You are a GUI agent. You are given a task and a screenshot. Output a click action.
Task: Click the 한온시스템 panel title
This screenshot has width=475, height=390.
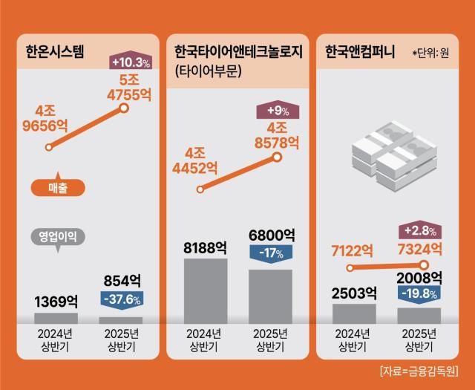coord(52,52)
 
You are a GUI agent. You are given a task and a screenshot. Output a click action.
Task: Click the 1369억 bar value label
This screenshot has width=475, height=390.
coord(56,302)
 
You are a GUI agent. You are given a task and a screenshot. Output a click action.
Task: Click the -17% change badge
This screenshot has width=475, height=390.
coord(270,253)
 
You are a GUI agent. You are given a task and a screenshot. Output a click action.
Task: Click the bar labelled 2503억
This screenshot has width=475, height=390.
coord(354,313)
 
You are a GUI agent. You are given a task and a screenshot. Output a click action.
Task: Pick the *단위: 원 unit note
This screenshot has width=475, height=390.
coord(430,53)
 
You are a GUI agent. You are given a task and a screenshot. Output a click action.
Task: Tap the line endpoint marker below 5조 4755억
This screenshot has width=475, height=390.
coord(125,109)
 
